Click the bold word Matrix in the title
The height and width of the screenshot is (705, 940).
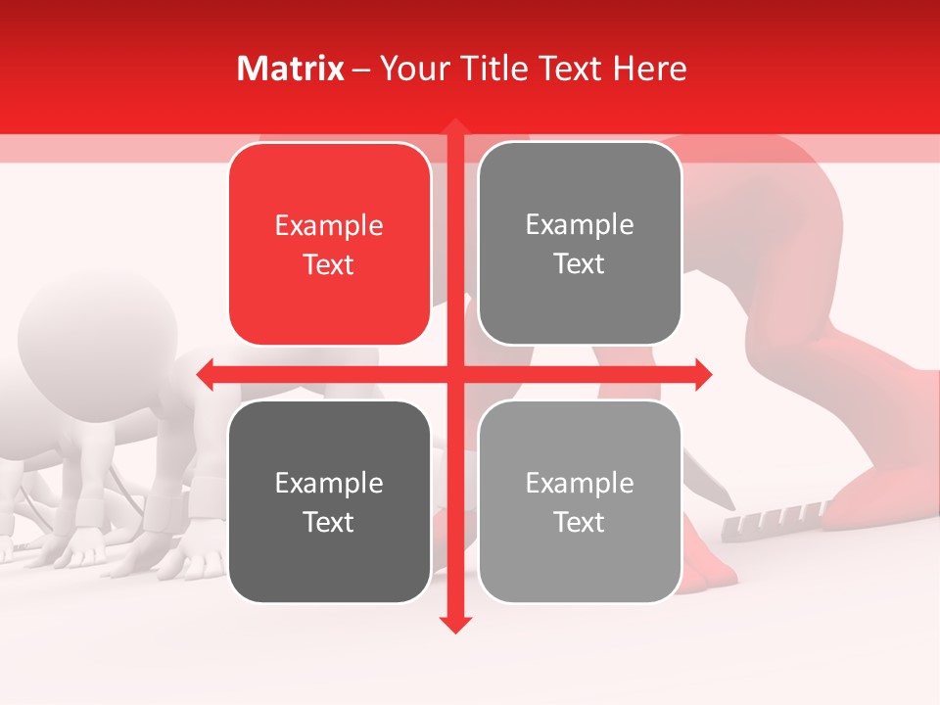(x=291, y=69)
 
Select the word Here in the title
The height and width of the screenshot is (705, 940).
(x=649, y=69)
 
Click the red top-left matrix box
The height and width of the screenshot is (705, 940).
(x=329, y=244)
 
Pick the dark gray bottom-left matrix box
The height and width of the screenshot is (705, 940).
(x=329, y=501)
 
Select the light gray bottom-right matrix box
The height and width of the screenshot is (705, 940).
(x=580, y=501)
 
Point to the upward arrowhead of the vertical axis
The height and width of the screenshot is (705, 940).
(x=455, y=127)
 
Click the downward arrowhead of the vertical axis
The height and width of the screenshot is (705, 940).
(x=455, y=624)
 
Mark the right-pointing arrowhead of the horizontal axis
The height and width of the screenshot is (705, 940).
(x=702, y=374)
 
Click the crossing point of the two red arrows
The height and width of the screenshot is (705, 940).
(x=455, y=374)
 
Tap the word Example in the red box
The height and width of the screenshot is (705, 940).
(x=329, y=226)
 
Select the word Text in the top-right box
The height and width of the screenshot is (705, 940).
(x=580, y=264)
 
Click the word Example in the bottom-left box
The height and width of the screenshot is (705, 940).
(x=329, y=483)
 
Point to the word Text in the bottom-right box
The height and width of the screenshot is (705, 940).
(x=580, y=522)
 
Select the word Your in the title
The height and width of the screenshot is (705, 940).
(x=412, y=69)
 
